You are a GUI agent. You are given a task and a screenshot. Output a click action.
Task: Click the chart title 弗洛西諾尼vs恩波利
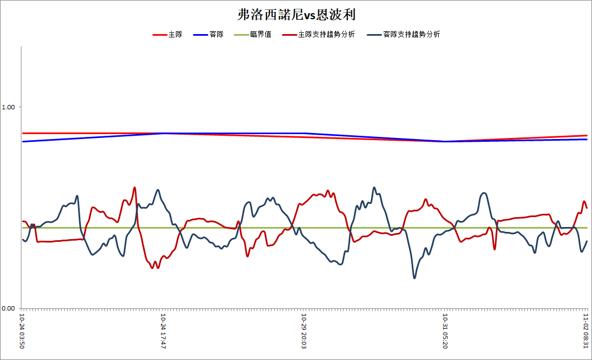(x=296, y=15)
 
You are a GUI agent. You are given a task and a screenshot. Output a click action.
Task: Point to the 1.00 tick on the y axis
(x=8, y=107)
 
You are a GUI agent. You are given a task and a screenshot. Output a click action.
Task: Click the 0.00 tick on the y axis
(x=8, y=308)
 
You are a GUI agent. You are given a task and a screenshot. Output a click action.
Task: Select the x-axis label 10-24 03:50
(x=22, y=331)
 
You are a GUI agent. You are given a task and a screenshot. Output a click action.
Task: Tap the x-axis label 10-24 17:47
(x=163, y=331)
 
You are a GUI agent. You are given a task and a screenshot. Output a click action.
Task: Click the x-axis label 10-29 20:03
(x=304, y=331)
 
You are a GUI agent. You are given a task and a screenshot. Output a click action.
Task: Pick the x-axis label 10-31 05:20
(x=445, y=331)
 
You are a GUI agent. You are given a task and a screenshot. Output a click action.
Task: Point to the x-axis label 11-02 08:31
(x=585, y=331)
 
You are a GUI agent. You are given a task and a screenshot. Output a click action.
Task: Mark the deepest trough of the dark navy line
(x=414, y=278)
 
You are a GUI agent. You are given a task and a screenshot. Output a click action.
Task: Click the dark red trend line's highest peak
(x=135, y=187)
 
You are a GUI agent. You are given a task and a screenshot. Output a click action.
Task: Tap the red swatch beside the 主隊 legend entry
(x=160, y=35)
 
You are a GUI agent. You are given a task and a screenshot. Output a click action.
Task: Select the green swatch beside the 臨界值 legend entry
(x=242, y=35)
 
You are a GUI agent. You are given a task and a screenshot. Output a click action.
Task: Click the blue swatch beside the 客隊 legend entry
(x=201, y=35)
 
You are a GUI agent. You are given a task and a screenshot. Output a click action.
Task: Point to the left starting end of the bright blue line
(x=23, y=141)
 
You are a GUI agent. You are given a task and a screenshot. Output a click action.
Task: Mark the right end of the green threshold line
(x=587, y=228)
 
